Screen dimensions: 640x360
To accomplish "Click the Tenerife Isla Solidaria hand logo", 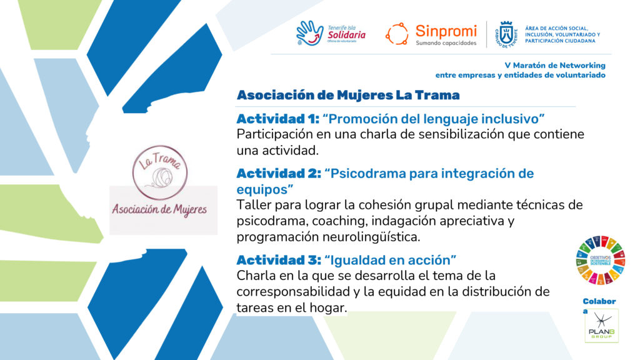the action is pyautogui.click(x=310, y=33).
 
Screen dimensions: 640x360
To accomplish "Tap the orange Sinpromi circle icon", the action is pyautogui.click(x=397, y=34).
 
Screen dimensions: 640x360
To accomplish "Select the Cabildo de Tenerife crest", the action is pyautogui.click(x=506, y=34).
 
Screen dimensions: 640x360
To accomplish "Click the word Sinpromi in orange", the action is pyautogui.click(x=446, y=31).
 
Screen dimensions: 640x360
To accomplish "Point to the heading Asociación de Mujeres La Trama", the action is pyautogui.click(x=348, y=95).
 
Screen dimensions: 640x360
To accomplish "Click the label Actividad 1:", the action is pyautogui.click(x=277, y=119).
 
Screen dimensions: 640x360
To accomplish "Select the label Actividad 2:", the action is pyautogui.click(x=279, y=174).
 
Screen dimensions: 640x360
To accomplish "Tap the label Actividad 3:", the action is pyautogui.click(x=279, y=260).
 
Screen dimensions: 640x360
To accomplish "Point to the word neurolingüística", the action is pyautogui.click(x=371, y=237).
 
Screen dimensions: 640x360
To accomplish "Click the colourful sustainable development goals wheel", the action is pyautogui.click(x=601, y=260).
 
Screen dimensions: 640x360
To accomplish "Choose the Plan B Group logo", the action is pyautogui.click(x=602, y=326).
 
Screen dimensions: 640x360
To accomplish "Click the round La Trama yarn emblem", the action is pyautogui.click(x=160, y=172).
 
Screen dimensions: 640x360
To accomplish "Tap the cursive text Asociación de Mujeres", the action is pyautogui.click(x=159, y=209).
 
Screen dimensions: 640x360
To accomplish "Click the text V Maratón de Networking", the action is pyautogui.click(x=555, y=65).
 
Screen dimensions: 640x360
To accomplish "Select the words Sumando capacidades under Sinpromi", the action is pyautogui.click(x=446, y=43).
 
